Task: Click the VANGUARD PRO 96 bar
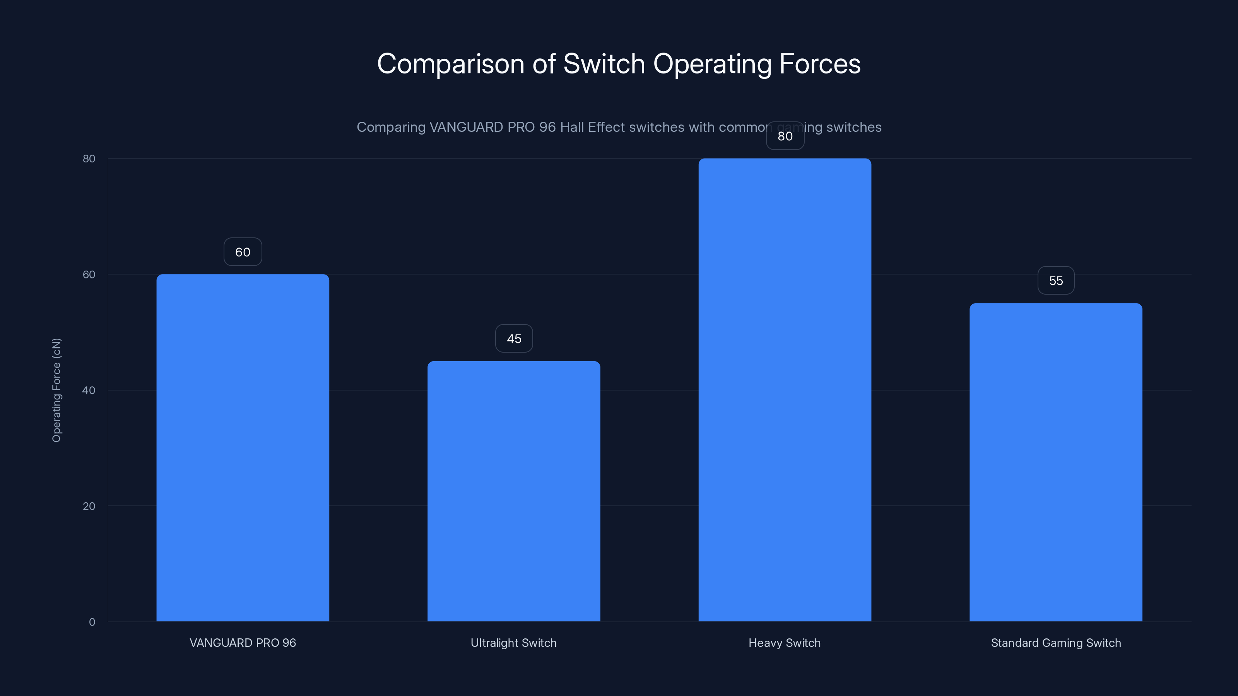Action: coord(243,448)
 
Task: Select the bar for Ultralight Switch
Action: coord(514,491)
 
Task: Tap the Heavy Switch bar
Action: coord(785,389)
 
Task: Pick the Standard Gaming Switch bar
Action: coord(1056,462)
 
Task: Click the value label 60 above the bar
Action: coord(243,252)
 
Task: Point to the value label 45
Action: coord(514,339)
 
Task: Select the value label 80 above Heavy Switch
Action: coord(785,136)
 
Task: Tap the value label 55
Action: coord(1056,280)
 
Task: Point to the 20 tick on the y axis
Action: coord(89,506)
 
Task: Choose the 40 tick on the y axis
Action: coord(89,391)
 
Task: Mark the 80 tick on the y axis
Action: coord(89,159)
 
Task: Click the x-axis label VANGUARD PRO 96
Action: coord(243,643)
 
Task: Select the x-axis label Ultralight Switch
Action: coord(514,643)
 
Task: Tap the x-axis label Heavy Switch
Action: coord(785,643)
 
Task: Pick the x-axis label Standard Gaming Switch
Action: coord(1056,643)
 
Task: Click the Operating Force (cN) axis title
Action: coord(57,390)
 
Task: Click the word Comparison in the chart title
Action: coord(450,64)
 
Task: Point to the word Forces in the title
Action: coord(819,64)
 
